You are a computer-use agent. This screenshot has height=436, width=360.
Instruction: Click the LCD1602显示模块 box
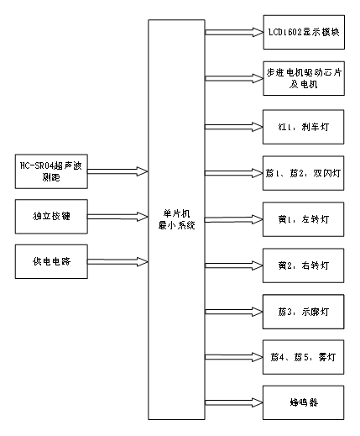[x=302, y=32]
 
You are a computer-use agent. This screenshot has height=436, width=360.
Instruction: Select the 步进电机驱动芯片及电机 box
[x=302, y=80]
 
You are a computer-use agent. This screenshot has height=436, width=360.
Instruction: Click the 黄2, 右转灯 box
[x=302, y=265]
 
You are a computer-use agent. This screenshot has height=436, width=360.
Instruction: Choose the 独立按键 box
[x=51, y=216]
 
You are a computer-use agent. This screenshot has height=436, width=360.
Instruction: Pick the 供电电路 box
[x=51, y=261]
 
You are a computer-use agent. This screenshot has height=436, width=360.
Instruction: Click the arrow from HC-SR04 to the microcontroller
[x=118, y=171]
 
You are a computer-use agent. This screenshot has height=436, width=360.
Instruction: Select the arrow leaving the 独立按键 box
[x=118, y=216]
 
